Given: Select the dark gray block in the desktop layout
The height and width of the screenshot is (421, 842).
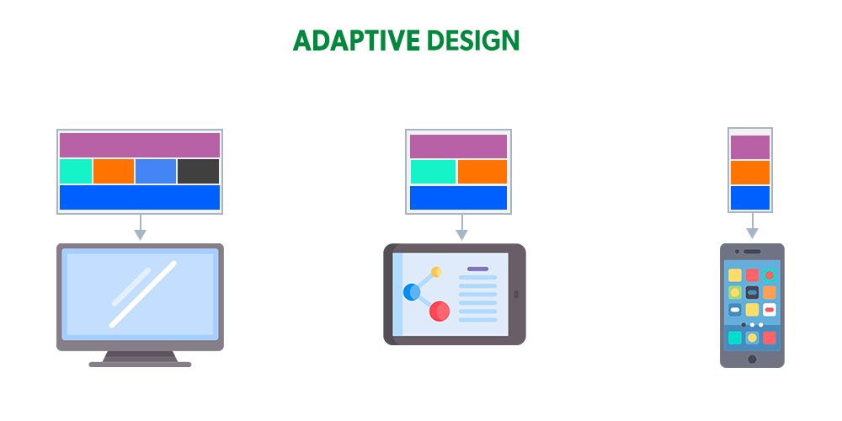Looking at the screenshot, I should [198, 171].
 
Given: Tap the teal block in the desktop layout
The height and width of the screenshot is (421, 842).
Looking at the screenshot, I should [76, 171].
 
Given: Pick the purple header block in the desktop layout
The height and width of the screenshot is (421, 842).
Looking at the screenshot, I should [139, 145].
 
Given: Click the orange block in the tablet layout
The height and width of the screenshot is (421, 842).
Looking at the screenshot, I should [482, 171].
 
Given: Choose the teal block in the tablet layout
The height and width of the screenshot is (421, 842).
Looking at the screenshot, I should [433, 171].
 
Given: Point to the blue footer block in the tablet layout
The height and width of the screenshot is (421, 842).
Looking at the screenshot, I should [458, 198].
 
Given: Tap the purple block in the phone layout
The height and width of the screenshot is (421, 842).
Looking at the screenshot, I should [749, 147].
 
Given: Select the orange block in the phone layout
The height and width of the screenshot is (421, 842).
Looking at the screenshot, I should [749, 173].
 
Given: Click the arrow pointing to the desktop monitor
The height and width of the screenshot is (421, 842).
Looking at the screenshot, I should [140, 228].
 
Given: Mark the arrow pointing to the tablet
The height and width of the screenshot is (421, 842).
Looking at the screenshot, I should [461, 228].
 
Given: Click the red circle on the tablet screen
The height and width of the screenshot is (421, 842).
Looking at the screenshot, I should [440, 312].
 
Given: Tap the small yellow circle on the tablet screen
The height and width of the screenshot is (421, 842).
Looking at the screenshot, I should [436, 272].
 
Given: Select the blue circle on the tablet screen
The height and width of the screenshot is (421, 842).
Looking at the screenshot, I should [412, 292].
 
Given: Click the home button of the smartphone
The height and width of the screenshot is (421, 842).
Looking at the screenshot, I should [752, 360].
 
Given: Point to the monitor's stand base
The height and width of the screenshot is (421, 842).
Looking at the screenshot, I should [140, 364].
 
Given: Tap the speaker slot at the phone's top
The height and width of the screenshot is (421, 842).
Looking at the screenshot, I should [752, 251].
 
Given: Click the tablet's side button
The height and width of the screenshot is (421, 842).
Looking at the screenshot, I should [516, 295].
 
